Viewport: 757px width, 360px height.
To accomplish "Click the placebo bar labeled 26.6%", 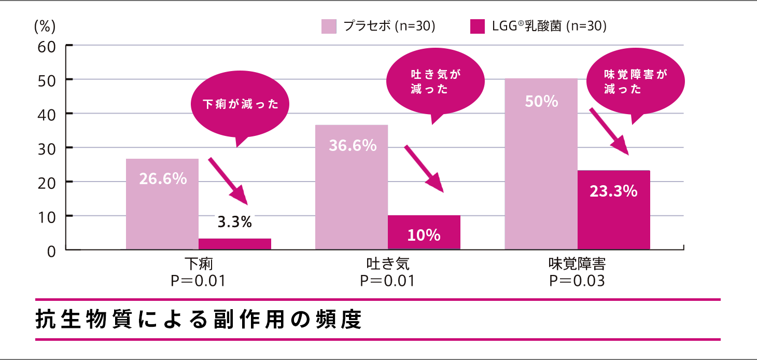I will [x=162, y=204].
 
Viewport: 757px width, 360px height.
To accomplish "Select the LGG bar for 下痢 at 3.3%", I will [x=235, y=244].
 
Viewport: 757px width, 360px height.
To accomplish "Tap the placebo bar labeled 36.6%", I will [x=352, y=187].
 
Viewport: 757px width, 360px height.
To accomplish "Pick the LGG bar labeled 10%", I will [x=424, y=232].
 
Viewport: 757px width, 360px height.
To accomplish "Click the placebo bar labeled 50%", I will [x=541, y=163].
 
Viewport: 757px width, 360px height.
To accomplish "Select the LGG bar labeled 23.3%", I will [x=614, y=210].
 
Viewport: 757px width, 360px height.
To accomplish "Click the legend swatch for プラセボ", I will [x=329, y=26].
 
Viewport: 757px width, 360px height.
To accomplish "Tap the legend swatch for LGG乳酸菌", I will [x=477, y=26].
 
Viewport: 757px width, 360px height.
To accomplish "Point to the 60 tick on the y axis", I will [x=48, y=46].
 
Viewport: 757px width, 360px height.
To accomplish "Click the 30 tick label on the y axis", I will [x=48, y=148].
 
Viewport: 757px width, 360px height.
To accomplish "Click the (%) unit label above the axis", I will [x=45, y=26].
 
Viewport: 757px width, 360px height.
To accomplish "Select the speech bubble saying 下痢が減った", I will [x=240, y=106].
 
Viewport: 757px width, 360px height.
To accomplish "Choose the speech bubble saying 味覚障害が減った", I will [x=635, y=82].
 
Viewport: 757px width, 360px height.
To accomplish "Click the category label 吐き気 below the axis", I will [x=388, y=264].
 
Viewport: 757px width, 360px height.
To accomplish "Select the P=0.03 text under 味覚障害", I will [x=577, y=281].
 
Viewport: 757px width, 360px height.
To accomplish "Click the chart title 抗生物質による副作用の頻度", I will [x=199, y=320].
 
